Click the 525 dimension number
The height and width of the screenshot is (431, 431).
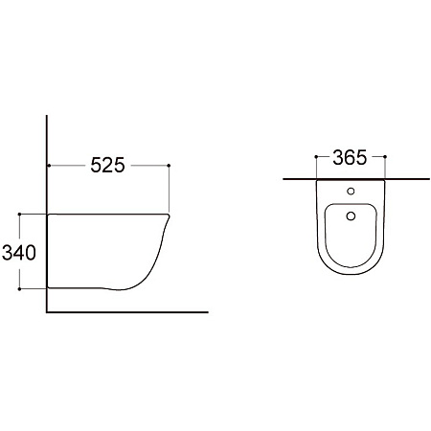[x=107, y=166]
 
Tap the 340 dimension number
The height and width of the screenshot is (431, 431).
[x=19, y=253]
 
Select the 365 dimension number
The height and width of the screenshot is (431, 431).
[x=350, y=158]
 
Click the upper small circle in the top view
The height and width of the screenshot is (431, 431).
[x=351, y=192]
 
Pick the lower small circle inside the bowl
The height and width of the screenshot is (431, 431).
[x=351, y=216]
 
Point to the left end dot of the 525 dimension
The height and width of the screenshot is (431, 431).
[x=49, y=166]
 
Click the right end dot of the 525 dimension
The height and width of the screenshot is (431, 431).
[x=169, y=166]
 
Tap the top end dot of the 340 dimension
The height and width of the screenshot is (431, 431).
[x=19, y=214]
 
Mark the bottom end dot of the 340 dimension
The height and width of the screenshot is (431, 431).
[x=19, y=289]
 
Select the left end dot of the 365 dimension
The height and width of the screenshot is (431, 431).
[x=316, y=157]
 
